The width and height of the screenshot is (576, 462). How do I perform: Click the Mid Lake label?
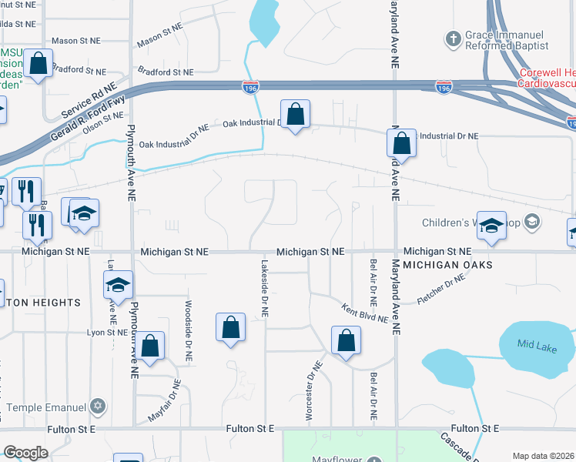coord(537,348)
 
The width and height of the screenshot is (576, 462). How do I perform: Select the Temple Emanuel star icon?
coord(97,405)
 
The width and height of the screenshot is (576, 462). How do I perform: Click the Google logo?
coord(26,453)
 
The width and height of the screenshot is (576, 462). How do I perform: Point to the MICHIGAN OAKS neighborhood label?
coord(447,265)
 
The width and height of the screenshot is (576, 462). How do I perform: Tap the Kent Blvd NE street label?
coord(366,313)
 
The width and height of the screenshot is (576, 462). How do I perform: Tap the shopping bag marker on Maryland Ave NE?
coord(401,142)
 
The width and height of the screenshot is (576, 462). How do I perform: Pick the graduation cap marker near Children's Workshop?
coord(491,224)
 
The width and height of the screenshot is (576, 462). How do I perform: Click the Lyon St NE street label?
coord(107,332)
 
